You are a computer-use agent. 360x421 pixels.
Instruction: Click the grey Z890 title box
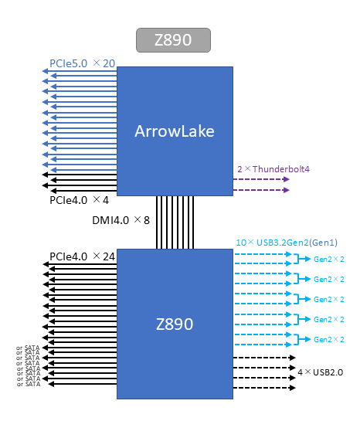click(x=173, y=40)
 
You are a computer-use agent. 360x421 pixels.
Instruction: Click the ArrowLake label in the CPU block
click(x=175, y=131)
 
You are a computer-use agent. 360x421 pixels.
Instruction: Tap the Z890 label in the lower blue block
click(x=175, y=324)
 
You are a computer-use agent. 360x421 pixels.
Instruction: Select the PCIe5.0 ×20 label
click(x=83, y=63)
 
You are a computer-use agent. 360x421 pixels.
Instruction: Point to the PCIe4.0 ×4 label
click(x=80, y=200)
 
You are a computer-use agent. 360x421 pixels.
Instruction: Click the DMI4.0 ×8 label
click(x=121, y=220)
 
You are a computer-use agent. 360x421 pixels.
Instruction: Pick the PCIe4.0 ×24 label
click(x=83, y=256)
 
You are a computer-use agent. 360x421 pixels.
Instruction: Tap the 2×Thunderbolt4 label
click(x=273, y=169)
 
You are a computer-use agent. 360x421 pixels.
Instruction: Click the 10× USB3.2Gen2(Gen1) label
click(x=287, y=243)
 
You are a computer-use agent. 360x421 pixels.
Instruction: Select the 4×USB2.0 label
click(x=321, y=372)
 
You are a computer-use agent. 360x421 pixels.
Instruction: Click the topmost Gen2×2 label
click(x=329, y=259)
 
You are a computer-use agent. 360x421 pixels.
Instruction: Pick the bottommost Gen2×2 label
click(x=329, y=339)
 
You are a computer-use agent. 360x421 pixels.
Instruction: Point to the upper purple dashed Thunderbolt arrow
click(x=261, y=179)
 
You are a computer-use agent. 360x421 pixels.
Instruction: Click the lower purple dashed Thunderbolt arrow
click(x=261, y=190)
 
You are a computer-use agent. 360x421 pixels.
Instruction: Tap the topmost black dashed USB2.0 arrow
click(x=264, y=358)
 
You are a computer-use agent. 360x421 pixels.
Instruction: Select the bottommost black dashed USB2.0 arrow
click(x=264, y=388)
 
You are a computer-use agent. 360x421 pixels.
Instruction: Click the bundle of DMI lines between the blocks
click(x=175, y=222)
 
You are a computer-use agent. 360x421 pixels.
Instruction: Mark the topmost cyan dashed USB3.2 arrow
click(x=263, y=254)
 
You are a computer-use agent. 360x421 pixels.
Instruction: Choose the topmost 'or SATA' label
click(x=28, y=348)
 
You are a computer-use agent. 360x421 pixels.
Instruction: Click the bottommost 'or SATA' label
click(x=29, y=384)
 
